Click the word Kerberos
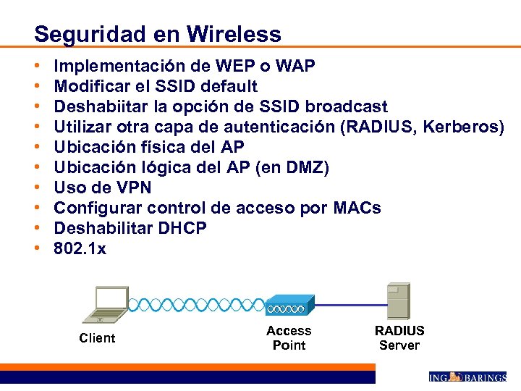coord(463,127)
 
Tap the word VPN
coord(135,188)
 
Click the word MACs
coord(357,209)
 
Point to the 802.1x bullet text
coord(80,249)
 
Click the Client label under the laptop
coord(97,338)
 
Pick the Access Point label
coord(289,338)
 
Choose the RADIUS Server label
coord(399,338)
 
